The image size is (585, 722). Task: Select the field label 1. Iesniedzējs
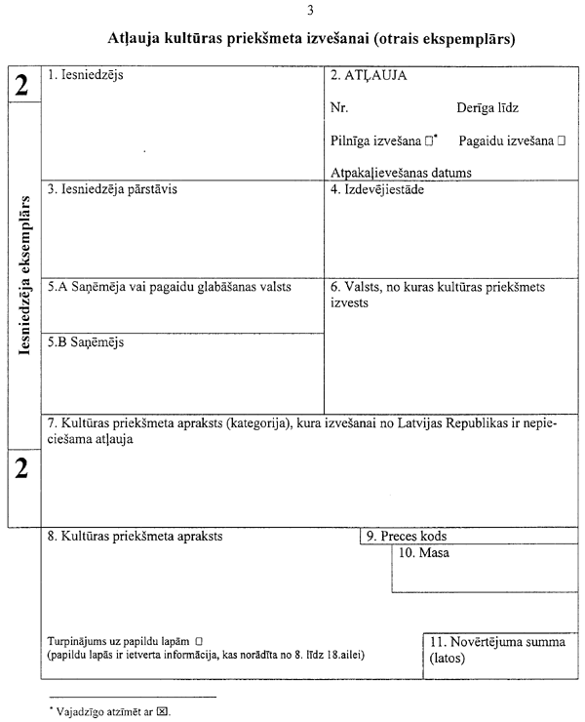pos(86,74)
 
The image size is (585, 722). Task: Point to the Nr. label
pos(339,107)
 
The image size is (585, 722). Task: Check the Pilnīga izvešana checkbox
pos(429,141)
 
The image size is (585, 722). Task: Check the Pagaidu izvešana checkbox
pos(562,141)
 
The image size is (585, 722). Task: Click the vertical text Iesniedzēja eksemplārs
pos(23,278)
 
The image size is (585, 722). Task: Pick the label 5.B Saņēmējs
pos(86,342)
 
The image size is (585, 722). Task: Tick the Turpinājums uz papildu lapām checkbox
pos(198,640)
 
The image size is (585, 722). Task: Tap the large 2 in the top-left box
pos(22,86)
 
